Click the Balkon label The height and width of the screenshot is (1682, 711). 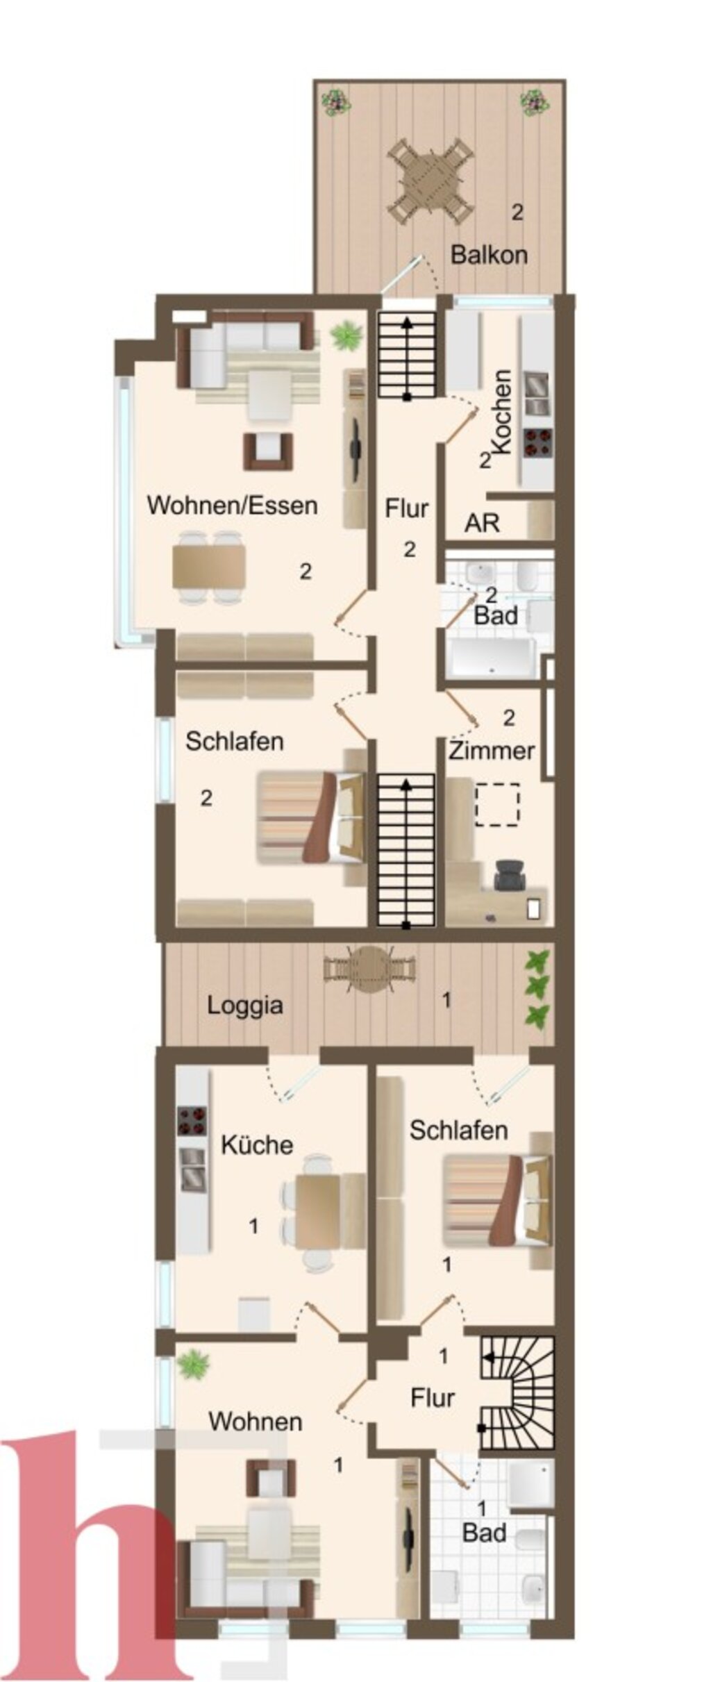click(489, 255)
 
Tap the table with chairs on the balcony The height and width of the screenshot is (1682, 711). click(430, 181)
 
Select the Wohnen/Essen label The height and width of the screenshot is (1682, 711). click(232, 505)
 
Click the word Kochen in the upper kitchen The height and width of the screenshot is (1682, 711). click(501, 411)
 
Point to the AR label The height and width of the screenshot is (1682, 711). click(482, 523)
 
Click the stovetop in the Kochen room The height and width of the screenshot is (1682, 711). click(538, 442)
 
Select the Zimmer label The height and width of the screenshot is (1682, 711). click(492, 751)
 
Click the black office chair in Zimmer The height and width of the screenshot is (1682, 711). click(510, 874)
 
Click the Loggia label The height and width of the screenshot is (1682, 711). click(245, 1006)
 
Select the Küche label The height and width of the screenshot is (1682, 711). click(257, 1144)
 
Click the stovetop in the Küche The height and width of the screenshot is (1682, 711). click(192, 1120)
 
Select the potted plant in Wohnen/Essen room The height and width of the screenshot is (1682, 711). click(346, 337)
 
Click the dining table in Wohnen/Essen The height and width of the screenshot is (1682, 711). click(208, 567)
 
